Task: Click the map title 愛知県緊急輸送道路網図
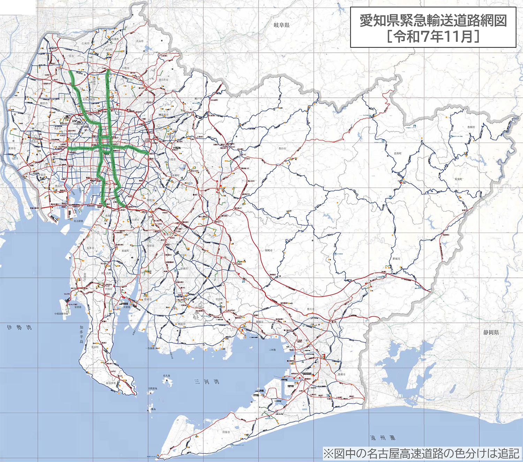pyautogui.click(x=433, y=21)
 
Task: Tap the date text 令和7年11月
pyautogui.click(x=433, y=36)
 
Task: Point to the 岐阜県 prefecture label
pyautogui.click(x=282, y=25)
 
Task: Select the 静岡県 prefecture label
pyautogui.click(x=491, y=332)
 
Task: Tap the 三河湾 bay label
pyautogui.click(x=206, y=381)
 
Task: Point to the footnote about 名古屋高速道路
pyautogui.click(x=421, y=453)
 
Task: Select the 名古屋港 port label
pyautogui.click(x=78, y=221)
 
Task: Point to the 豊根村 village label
pyautogui.click(x=471, y=127)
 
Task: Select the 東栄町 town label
pyautogui.click(x=458, y=179)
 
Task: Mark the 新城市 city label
pyautogui.click(x=396, y=259)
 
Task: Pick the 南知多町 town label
pyautogui.click(x=111, y=383)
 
